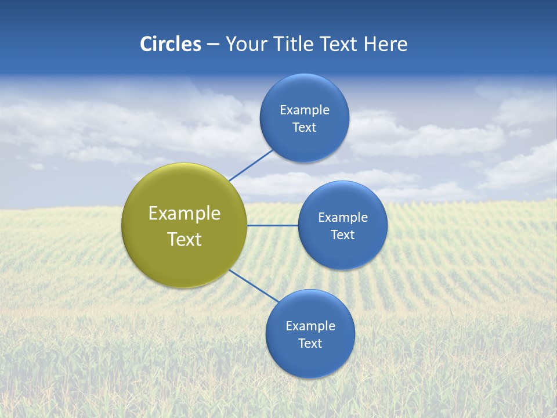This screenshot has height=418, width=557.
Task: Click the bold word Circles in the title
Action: [171, 44]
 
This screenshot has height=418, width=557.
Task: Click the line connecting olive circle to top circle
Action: [251, 165]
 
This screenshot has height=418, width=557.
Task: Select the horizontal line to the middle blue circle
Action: [272, 225]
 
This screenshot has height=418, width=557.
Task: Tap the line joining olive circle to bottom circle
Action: [254, 286]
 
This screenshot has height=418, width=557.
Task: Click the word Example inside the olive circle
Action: [185, 214]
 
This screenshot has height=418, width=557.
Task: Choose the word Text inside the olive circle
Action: [185, 239]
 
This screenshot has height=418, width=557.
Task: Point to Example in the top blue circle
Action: [305, 110]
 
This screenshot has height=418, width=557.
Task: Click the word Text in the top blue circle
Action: [305, 128]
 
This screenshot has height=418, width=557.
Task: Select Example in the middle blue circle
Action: [343, 218]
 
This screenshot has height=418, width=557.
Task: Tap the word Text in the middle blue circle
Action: [343, 235]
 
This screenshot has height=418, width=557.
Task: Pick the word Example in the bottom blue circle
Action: [310, 326]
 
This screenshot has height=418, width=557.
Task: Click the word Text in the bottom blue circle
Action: [310, 344]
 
